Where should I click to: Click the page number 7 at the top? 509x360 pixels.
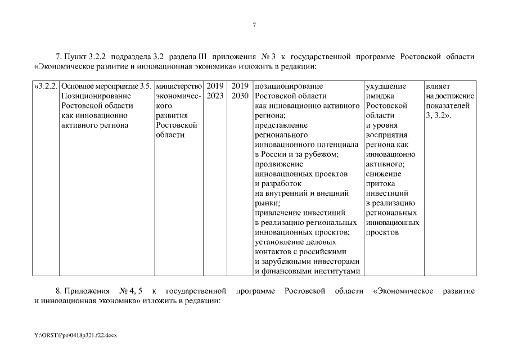(x=254, y=25)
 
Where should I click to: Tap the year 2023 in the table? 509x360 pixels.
(x=215, y=96)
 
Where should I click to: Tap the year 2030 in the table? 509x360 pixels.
(x=240, y=96)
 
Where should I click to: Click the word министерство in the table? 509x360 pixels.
(x=178, y=87)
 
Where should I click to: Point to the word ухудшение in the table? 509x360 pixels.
(x=386, y=87)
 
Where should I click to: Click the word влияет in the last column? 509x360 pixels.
(x=436, y=87)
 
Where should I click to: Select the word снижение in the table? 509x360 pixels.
(x=382, y=174)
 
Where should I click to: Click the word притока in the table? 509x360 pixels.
(x=380, y=183)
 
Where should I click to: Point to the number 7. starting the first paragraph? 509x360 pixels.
(x=59, y=57)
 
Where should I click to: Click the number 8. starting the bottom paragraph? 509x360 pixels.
(x=59, y=291)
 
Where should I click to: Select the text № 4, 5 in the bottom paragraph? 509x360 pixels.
(x=130, y=291)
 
